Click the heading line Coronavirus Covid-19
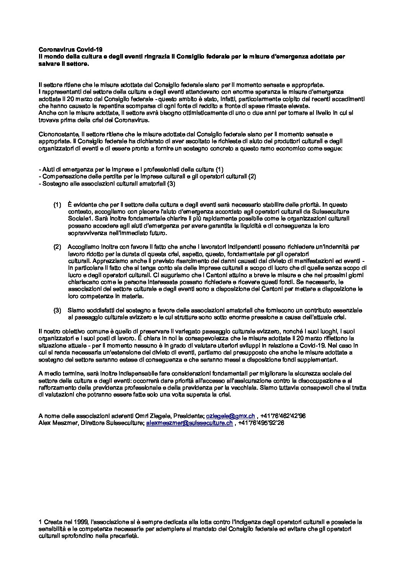click(71, 50)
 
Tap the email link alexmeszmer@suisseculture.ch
click(189, 423)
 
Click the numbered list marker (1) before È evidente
click(57, 205)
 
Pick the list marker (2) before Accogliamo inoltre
click(57, 247)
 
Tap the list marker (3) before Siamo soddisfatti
click(57, 310)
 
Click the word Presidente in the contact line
click(189, 416)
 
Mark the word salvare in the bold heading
click(49, 64)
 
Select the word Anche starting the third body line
click(46, 113)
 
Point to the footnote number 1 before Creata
click(41, 522)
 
